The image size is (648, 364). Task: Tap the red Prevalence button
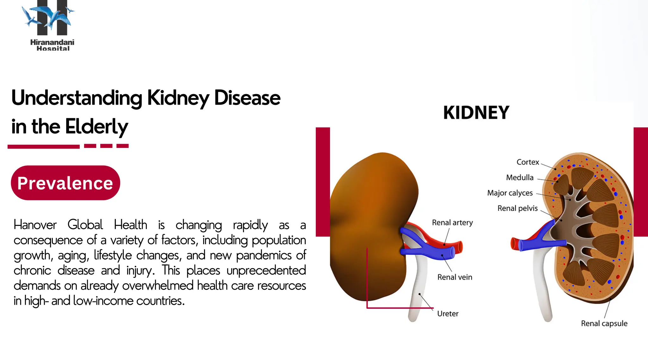65,183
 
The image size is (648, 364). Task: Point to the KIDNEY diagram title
476,113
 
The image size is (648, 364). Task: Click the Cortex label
527,162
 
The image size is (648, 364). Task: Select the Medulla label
520,178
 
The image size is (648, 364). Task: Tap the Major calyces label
510,193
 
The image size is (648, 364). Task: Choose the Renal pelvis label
517,208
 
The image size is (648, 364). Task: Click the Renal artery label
452,223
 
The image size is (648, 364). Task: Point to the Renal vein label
455,277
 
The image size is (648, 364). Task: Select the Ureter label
447,314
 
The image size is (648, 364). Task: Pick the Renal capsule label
604,324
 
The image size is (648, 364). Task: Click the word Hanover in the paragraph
35,225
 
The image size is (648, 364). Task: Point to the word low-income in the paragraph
103,301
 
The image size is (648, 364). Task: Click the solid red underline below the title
44,147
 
